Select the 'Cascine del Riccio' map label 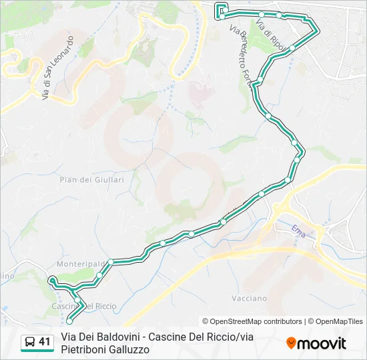coord(83,307)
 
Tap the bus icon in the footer coord(29,343)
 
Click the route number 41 coord(45,342)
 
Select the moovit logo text coord(322,343)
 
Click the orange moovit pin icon coord(291,343)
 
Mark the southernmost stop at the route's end coord(69,321)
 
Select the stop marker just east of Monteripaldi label coord(111,262)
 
